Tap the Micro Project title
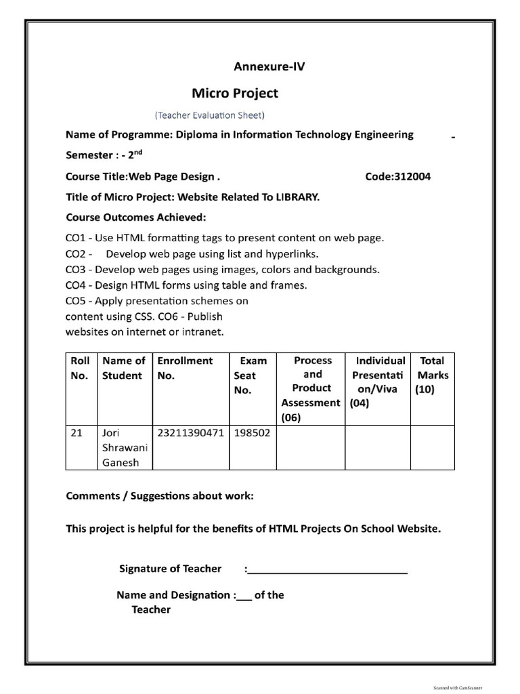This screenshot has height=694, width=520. click(x=234, y=93)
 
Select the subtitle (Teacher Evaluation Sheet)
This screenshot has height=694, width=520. click(x=210, y=115)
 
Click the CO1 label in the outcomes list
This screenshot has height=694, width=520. click(x=75, y=238)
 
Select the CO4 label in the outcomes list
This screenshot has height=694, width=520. click(x=75, y=285)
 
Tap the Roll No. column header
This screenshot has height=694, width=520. click(x=80, y=368)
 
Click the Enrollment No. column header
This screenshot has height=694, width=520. click(x=185, y=368)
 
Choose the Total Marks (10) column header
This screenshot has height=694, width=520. click(x=432, y=375)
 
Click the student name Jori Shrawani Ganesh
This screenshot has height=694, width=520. click(x=119, y=447)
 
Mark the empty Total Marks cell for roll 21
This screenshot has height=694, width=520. click(x=432, y=447)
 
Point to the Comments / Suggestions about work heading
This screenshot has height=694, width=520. click(x=160, y=496)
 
